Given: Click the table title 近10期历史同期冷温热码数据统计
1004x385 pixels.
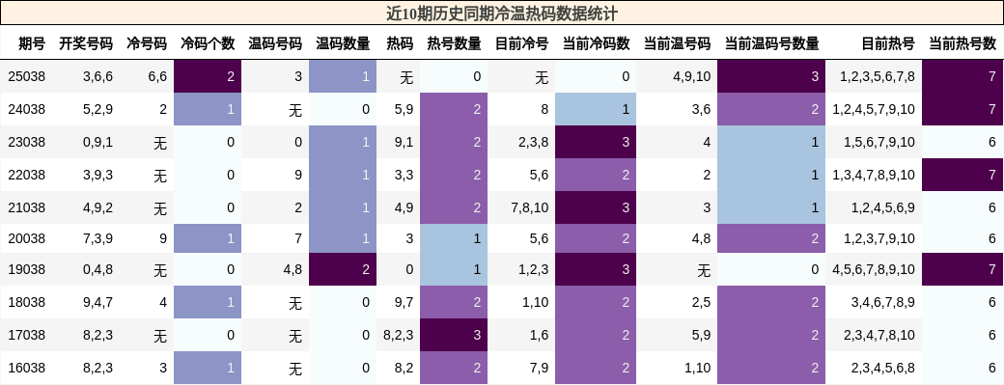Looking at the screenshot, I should [501, 14].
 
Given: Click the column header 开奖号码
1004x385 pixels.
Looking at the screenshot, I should [86, 43].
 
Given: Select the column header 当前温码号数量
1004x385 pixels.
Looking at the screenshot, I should [771, 43].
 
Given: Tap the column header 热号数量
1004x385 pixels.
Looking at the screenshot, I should [454, 43].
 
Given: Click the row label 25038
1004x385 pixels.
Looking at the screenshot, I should [26, 76].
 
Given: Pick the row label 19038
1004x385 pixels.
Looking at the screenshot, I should [26, 269].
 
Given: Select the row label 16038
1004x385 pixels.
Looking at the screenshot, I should [26, 368].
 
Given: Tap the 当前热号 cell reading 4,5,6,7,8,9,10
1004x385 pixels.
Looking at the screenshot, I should [873, 269].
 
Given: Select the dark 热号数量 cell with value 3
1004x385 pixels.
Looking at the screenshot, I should [454, 335].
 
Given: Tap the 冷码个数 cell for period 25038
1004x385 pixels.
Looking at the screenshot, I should [208, 76].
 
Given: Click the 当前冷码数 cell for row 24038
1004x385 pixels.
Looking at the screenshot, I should [597, 109].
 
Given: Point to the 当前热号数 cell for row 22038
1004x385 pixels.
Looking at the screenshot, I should [962, 175].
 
